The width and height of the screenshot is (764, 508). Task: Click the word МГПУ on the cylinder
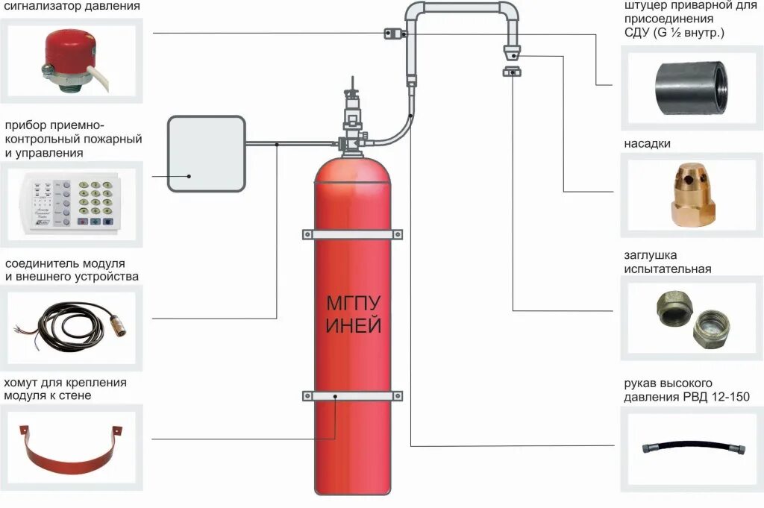tap(354, 304)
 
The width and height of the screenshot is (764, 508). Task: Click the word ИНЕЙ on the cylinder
tap(354, 326)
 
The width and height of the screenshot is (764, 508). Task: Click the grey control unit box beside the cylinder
tap(206, 154)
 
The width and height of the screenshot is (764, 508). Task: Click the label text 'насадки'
tap(648, 143)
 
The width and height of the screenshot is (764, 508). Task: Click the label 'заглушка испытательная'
tap(668, 262)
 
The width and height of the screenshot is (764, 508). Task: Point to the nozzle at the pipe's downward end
tap(511, 54)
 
